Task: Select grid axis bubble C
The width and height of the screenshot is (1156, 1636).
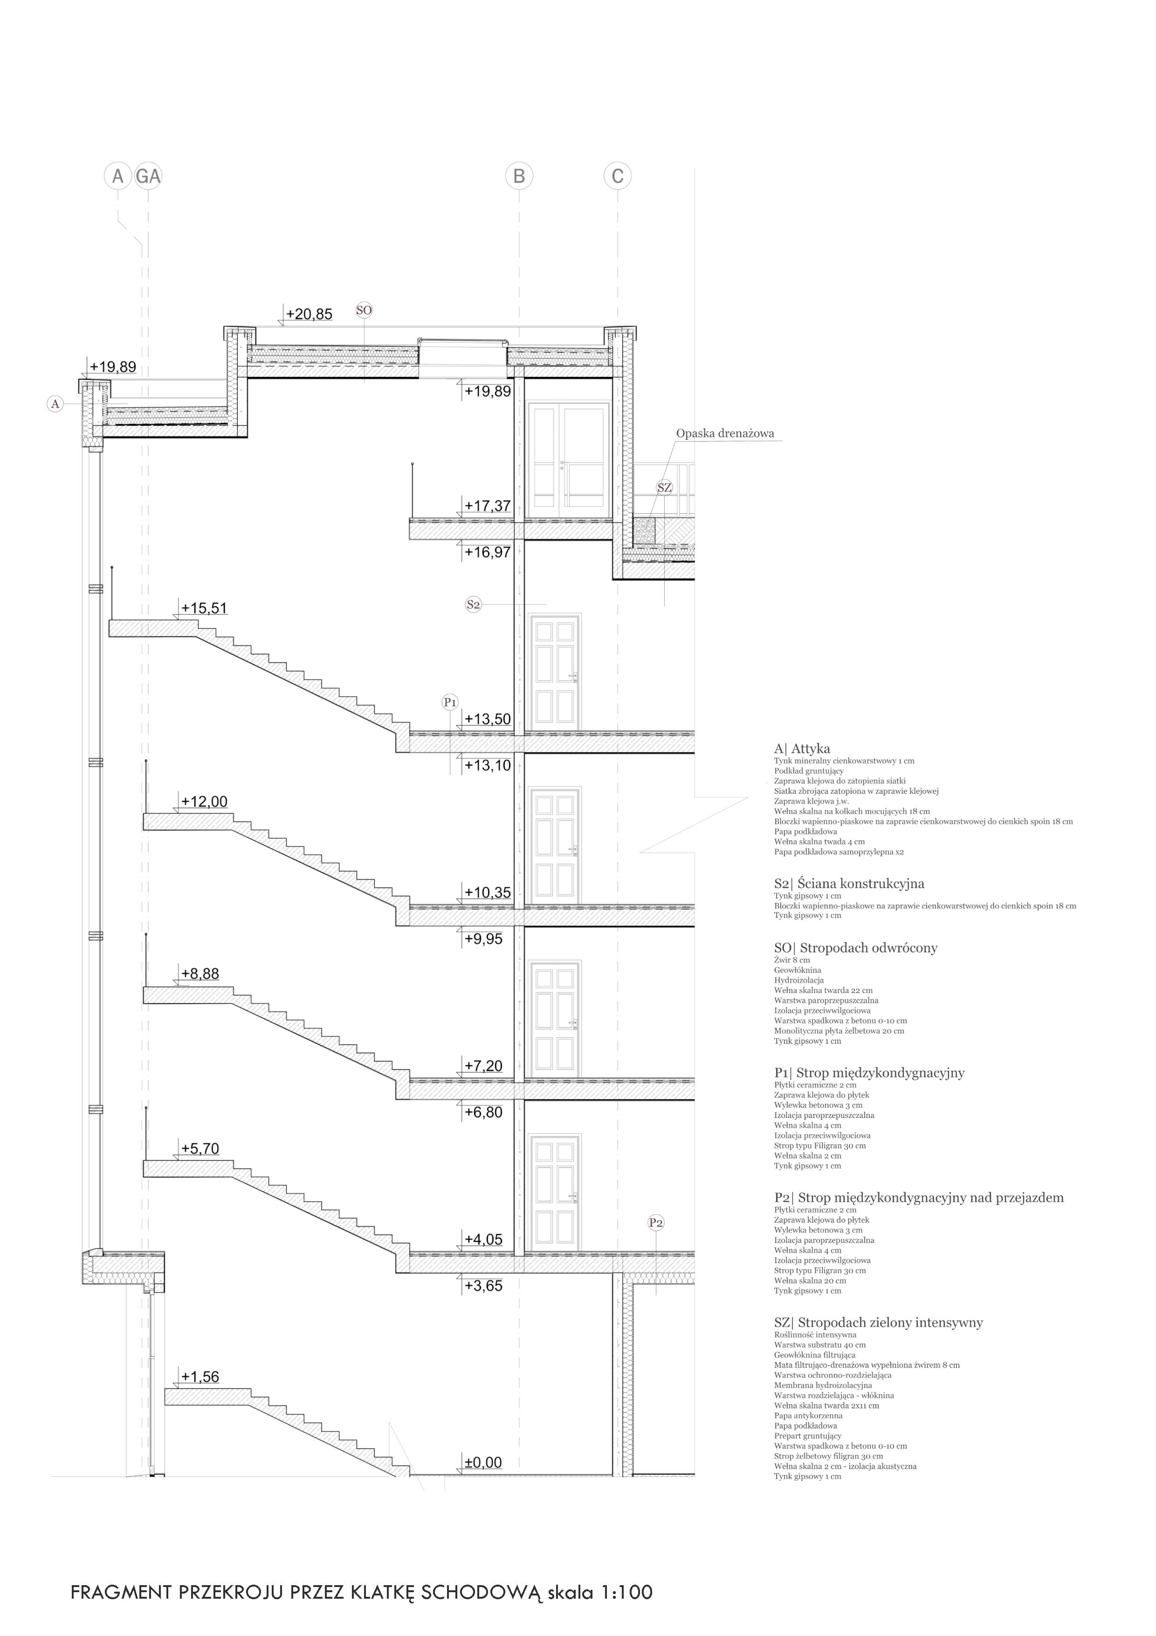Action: click(x=618, y=176)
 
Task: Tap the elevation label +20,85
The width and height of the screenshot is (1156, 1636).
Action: click(x=309, y=314)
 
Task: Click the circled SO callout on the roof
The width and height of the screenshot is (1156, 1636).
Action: click(x=364, y=310)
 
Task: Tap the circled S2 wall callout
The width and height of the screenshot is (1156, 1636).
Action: click(x=473, y=604)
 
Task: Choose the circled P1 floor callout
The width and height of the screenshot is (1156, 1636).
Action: click(x=449, y=702)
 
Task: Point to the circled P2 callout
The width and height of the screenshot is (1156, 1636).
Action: click(x=656, y=1223)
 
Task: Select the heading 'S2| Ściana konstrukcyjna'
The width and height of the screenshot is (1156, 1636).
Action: click(x=849, y=884)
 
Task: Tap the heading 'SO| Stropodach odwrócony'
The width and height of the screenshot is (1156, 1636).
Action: click(x=855, y=948)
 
